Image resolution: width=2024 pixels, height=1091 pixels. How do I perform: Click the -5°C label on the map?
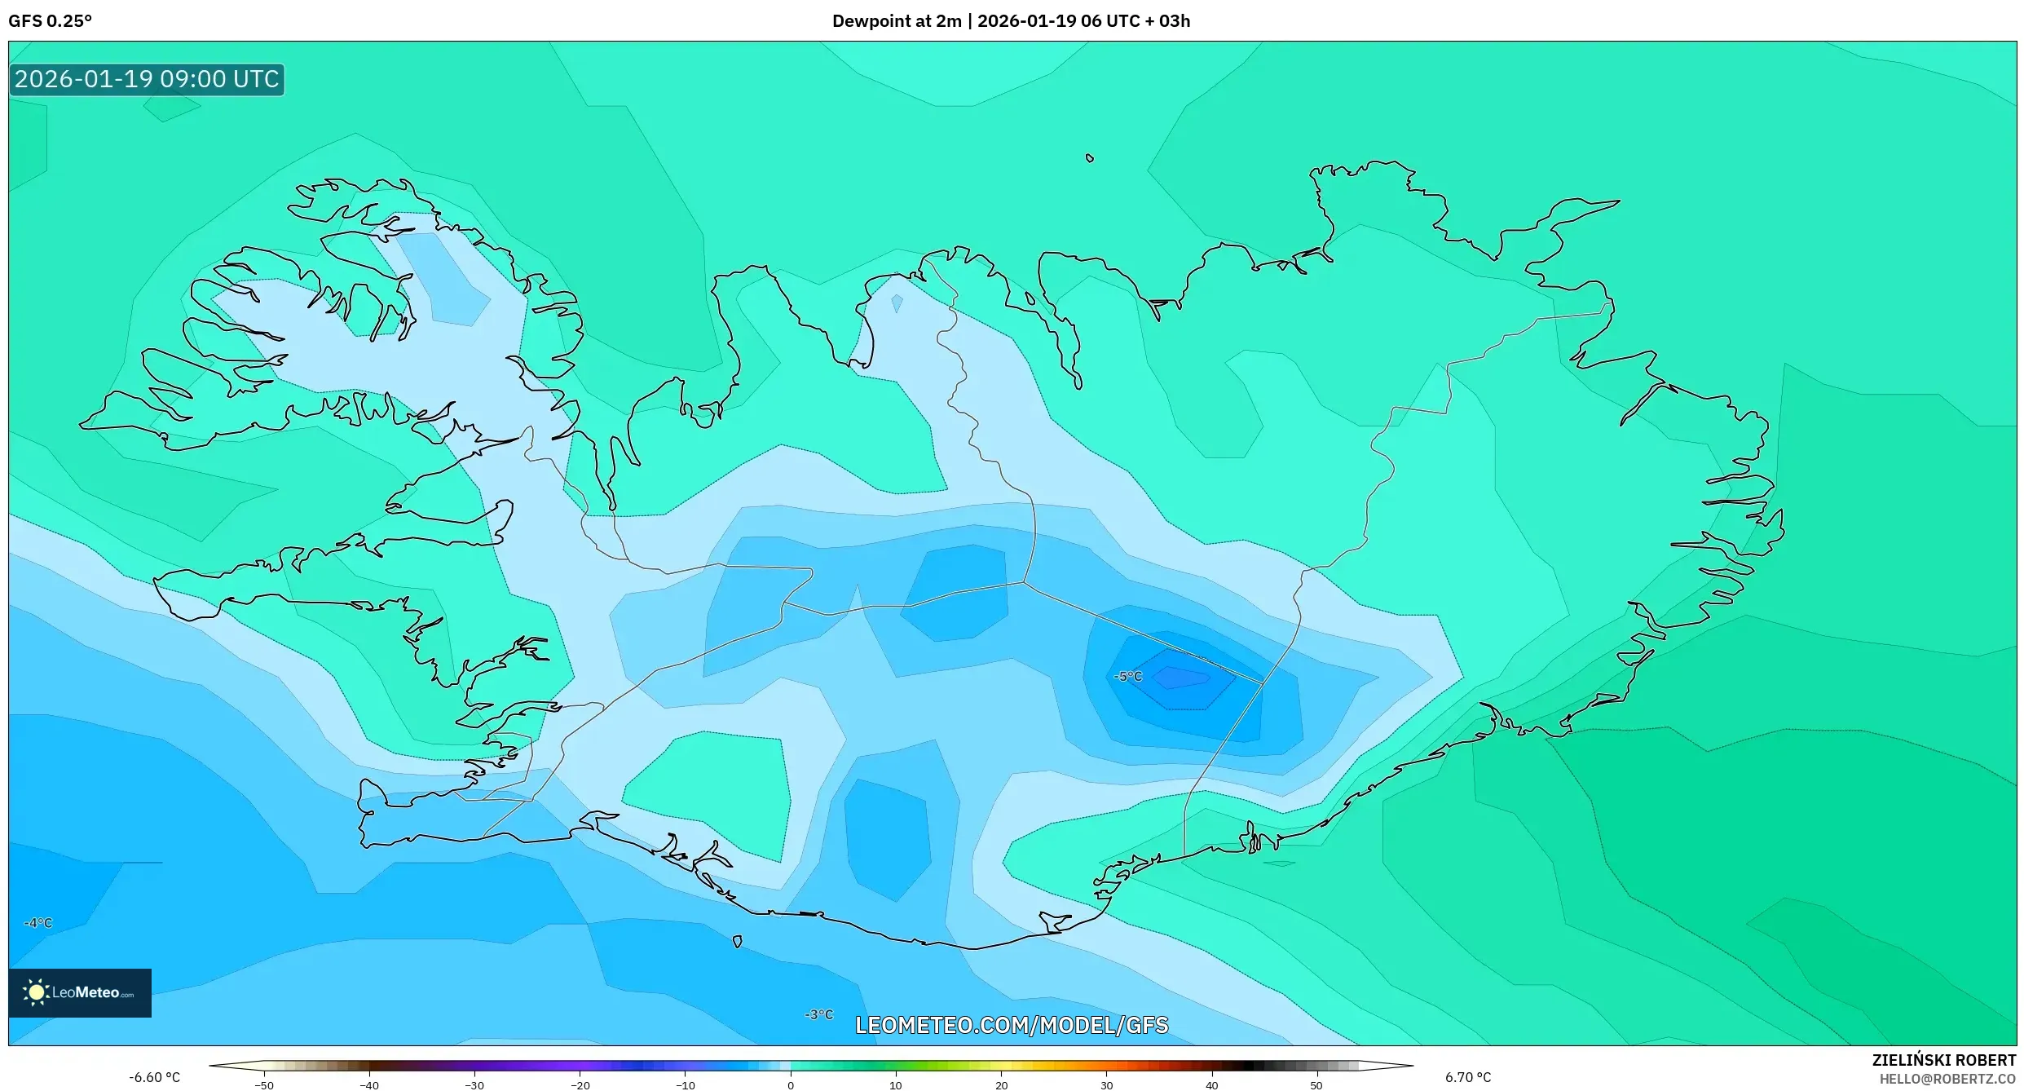point(1128,677)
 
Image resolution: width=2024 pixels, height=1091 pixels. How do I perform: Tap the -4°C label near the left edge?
point(38,923)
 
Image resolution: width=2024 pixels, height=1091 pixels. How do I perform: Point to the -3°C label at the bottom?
point(819,1014)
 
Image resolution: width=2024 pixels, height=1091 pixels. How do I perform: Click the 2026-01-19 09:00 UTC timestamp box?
point(147,79)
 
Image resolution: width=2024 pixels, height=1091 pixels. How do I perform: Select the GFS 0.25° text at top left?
point(51,21)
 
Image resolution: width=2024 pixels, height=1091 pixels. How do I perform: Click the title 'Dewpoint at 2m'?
point(897,21)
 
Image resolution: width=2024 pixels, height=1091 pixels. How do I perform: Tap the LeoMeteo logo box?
point(80,992)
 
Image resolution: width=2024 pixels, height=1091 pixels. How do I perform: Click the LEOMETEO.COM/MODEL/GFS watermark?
point(1012,1025)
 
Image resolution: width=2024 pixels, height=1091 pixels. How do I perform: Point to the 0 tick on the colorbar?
point(790,1084)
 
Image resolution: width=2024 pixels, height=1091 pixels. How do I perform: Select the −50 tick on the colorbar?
point(263,1084)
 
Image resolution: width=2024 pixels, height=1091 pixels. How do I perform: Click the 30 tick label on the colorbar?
point(1106,1084)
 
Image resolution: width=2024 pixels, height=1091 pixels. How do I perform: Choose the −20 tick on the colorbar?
point(580,1084)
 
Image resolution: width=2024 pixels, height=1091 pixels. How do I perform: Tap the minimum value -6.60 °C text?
point(155,1077)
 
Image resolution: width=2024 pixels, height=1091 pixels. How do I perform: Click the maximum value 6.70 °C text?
point(1468,1077)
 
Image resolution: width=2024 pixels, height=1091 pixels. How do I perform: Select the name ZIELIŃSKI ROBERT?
point(1943,1060)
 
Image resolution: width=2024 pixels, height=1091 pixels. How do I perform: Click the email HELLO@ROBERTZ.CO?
point(1947,1079)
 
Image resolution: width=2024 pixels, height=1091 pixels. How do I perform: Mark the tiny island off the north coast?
point(1090,158)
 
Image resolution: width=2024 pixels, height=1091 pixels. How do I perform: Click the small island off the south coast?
point(737,942)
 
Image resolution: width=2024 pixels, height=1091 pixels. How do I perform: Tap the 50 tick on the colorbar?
point(1316,1084)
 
